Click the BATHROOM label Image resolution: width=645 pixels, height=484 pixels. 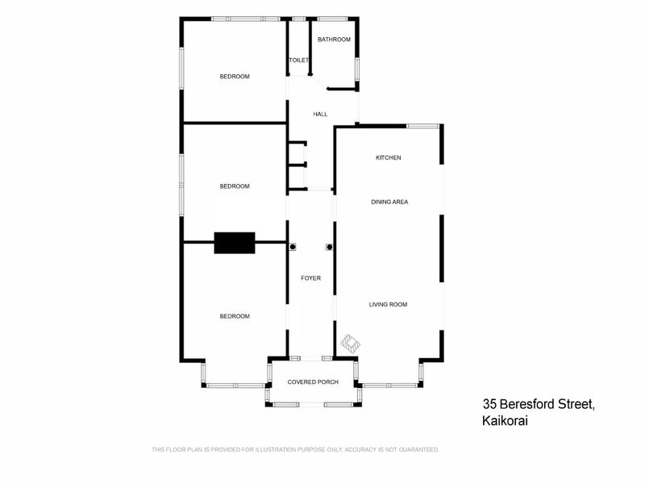(334, 40)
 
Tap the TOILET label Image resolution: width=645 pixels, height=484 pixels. (299, 60)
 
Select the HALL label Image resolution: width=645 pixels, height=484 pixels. (320, 115)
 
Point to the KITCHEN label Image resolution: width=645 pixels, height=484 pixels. (389, 157)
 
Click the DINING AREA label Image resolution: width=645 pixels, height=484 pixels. (389, 202)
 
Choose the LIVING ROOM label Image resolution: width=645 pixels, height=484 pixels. (388, 304)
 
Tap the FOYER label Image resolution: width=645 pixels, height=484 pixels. (310, 278)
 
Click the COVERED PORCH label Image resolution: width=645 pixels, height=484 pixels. (313, 382)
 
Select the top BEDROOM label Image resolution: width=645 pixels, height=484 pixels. (235, 77)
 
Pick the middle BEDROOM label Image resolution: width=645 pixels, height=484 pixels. (235, 186)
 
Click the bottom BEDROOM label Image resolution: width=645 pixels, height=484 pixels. (235, 316)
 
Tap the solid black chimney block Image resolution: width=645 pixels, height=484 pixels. (235, 243)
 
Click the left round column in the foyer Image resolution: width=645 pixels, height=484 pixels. (293, 248)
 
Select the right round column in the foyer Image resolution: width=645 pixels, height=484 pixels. (329, 248)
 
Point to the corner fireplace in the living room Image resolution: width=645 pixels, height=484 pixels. (351, 343)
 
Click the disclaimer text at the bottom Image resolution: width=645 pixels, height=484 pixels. (295, 449)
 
